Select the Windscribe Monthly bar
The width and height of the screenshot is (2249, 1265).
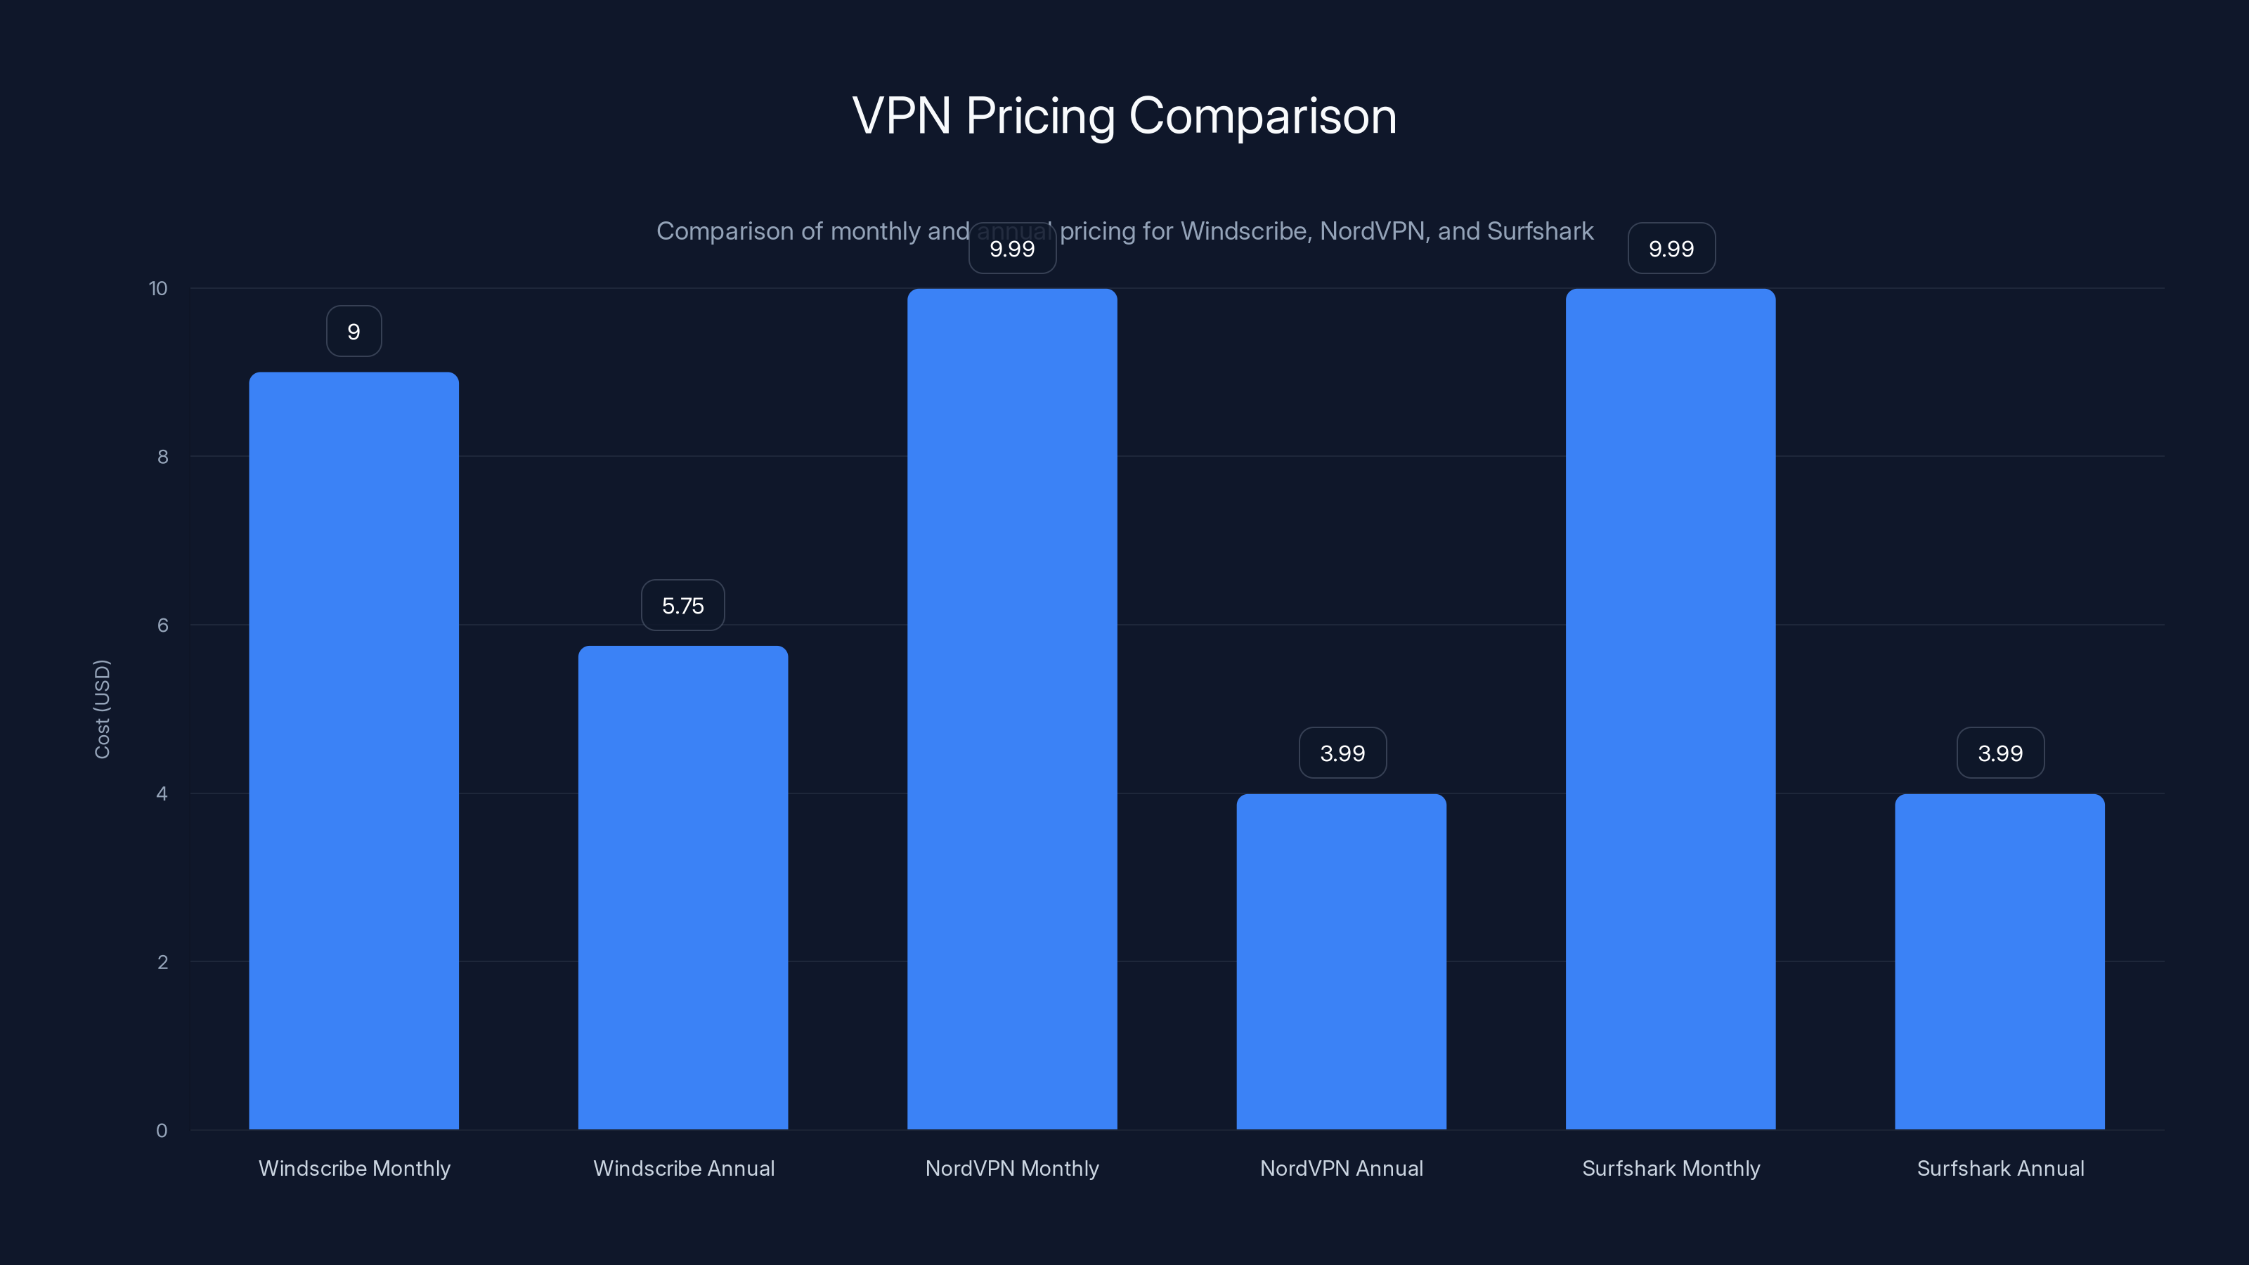354,751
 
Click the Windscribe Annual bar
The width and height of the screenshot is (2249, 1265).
682,887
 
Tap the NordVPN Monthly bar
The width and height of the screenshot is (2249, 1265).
1012,709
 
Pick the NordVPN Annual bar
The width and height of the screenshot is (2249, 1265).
1341,961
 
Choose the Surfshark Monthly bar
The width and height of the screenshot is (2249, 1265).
1670,709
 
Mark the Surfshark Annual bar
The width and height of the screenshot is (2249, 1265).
2000,961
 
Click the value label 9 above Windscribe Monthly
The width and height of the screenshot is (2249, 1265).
354,332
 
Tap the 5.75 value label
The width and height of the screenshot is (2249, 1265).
682,606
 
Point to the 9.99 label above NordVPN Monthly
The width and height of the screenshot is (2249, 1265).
1012,249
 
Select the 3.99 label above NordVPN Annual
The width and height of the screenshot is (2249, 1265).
1342,753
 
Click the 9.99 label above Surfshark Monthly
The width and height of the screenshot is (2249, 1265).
1671,249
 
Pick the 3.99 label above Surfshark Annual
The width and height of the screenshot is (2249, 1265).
2000,753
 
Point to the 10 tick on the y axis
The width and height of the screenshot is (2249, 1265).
158,289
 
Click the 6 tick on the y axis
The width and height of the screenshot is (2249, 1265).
162,625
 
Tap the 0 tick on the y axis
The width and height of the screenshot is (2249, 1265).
162,1131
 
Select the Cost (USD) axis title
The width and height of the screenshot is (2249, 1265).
102,709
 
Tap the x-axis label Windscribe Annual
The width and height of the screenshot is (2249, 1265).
684,1168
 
